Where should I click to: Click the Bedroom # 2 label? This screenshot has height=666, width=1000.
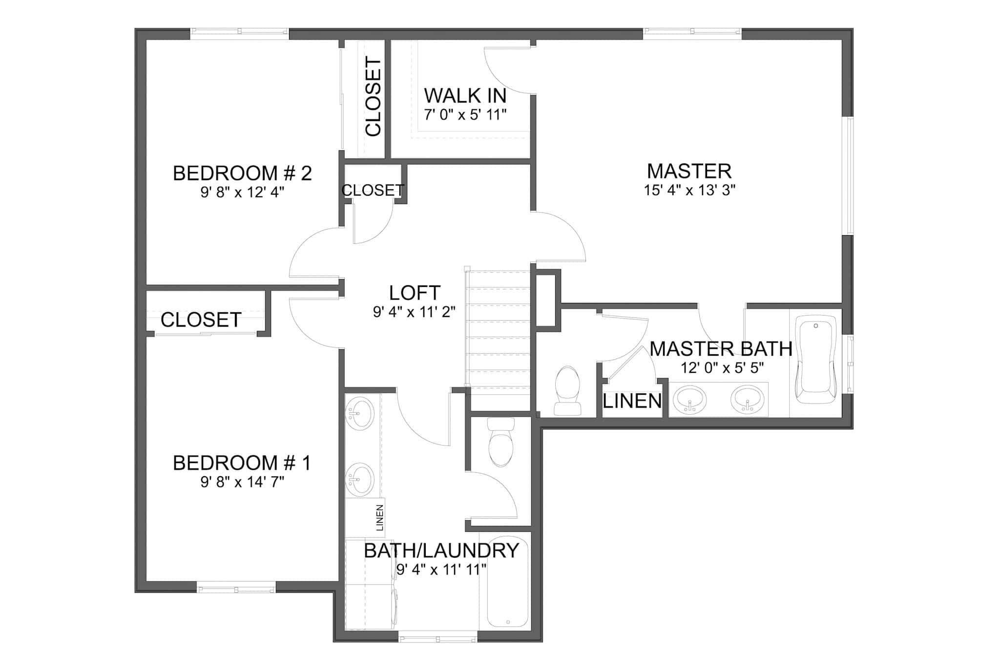(242, 174)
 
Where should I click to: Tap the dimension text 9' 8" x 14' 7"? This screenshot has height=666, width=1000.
(242, 482)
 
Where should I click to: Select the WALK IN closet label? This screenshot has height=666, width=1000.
(465, 96)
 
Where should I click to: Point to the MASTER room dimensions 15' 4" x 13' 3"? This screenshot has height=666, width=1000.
(689, 190)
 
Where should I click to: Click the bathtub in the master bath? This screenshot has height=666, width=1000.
(815, 359)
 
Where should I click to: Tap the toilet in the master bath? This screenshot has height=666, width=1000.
(567, 390)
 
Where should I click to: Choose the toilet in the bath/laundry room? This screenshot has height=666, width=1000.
(501, 442)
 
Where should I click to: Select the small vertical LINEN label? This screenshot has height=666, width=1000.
(380, 518)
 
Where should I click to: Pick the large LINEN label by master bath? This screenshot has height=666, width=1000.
(632, 401)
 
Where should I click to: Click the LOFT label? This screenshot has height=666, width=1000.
(415, 293)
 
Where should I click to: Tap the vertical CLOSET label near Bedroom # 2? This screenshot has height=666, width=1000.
(373, 97)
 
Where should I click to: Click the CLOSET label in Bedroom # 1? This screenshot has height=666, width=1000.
(201, 320)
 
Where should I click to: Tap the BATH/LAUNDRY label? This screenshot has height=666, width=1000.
(441, 550)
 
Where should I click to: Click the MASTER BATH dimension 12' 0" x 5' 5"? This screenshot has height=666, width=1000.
(722, 368)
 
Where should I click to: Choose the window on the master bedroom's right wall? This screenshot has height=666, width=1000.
(850, 176)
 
